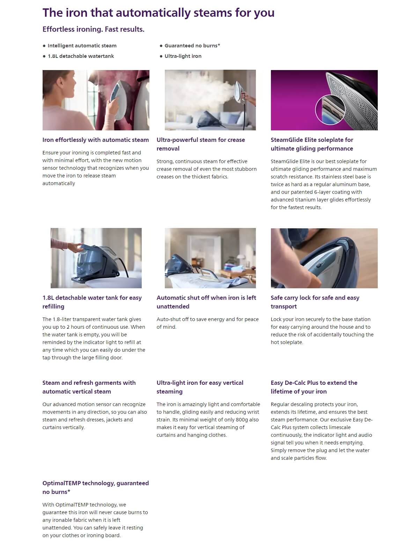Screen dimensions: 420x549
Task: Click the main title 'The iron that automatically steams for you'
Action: pos(158,13)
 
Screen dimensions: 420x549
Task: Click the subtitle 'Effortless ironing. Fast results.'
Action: pos(93,29)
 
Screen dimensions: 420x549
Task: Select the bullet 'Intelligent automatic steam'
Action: pos(82,46)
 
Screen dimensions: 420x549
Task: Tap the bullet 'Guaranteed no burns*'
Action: pos(192,46)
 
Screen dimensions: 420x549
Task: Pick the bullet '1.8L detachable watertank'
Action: pos(81,56)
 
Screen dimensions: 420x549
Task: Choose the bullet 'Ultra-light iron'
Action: pos(183,56)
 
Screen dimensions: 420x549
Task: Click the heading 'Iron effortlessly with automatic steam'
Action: pos(95,140)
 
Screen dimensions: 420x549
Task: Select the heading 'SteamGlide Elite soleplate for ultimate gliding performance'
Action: pos(312,144)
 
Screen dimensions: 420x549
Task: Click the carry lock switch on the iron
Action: pos(319,265)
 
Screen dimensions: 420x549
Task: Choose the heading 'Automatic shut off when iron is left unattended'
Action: pos(206,302)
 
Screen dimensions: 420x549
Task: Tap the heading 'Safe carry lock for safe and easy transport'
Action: pos(315,302)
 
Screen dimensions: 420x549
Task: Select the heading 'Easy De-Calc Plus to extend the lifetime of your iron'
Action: pos(314,387)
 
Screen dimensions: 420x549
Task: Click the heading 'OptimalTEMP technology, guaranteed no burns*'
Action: pos(95,487)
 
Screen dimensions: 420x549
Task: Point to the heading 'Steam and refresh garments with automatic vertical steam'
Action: pos(89,387)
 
